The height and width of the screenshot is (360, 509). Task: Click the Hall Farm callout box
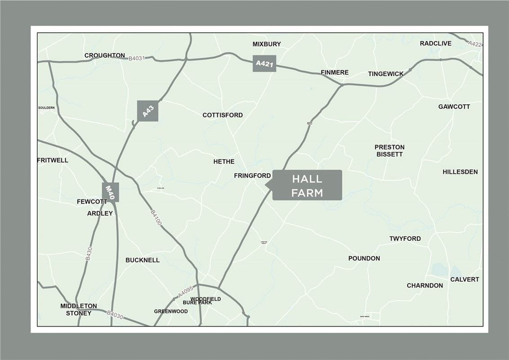tap(307, 185)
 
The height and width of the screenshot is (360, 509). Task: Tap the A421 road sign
tap(264, 63)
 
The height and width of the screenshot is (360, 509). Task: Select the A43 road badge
tap(147, 111)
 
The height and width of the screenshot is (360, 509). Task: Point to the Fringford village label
tap(252, 175)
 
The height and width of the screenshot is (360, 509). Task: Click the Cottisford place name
tap(223, 115)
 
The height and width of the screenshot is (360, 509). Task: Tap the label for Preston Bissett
tap(389, 150)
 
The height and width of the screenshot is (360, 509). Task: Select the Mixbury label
tap(267, 44)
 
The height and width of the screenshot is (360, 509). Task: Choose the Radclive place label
tap(436, 44)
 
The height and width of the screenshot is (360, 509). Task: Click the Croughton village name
tap(105, 55)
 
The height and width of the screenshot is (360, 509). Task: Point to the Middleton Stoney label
tap(79, 309)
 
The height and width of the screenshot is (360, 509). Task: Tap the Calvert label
tap(464, 279)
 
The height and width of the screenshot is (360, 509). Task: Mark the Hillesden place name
tap(460, 172)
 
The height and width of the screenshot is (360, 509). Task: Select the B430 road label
tap(89, 253)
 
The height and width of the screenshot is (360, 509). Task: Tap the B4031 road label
tap(137, 58)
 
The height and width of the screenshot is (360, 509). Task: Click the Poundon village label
tap(364, 258)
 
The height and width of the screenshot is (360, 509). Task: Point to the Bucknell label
tap(143, 260)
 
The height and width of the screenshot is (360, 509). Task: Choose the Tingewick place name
tap(386, 74)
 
